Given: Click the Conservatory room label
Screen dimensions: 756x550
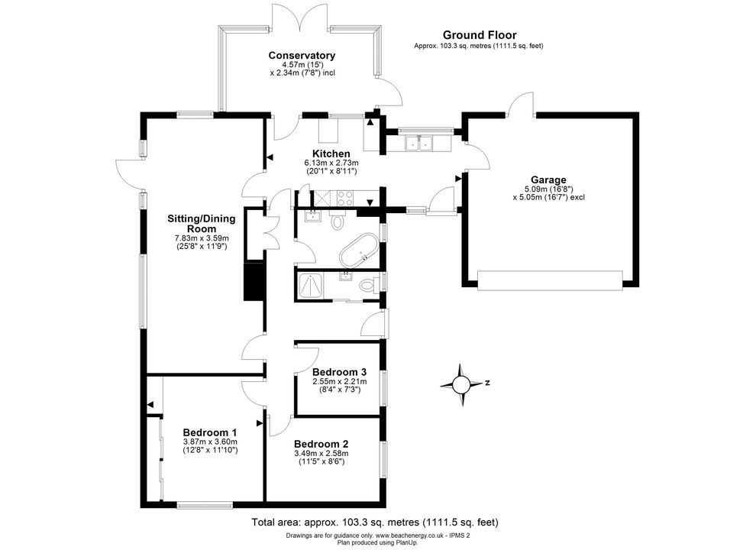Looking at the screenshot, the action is (302, 56).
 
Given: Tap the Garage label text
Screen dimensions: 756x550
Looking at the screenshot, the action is (549, 180).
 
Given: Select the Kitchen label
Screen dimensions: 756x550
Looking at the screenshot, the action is (331, 154).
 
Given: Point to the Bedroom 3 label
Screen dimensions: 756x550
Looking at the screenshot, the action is (339, 372).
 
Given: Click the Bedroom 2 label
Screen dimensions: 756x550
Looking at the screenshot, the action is (321, 444).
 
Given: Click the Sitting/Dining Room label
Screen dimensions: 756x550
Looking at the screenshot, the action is (202, 223).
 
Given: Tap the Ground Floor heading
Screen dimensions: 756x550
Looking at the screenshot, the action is (480, 35).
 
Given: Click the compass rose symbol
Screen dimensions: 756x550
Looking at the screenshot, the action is (461, 384).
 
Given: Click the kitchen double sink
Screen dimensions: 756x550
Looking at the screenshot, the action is (418, 143).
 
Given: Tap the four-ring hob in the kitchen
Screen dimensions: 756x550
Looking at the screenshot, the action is (346, 197).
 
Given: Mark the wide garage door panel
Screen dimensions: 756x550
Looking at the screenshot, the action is (550, 280).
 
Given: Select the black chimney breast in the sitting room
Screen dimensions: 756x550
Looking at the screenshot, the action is (254, 281).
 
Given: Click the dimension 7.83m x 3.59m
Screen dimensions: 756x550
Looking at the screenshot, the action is (202, 238).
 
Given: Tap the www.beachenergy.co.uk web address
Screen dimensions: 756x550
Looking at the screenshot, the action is (409, 535).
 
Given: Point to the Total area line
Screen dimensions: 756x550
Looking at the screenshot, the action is (375, 522).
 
